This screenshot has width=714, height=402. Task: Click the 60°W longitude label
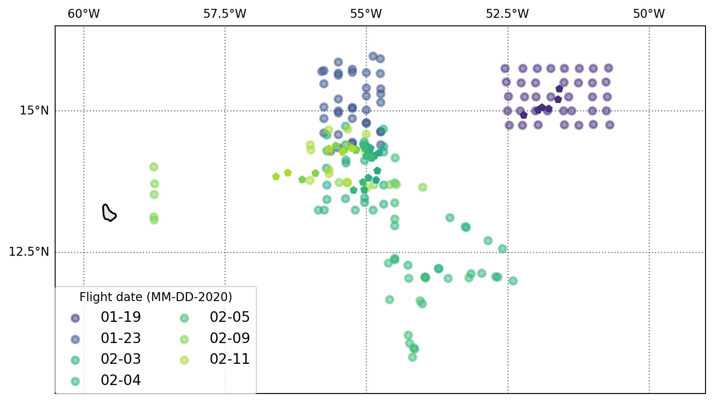84,14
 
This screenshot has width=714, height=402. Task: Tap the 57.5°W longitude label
224,14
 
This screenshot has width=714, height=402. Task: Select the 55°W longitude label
366,14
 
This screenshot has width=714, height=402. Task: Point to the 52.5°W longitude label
507,14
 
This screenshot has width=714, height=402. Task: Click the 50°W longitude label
649,14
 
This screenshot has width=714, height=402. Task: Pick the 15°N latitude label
34,111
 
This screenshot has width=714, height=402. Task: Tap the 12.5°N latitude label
29,252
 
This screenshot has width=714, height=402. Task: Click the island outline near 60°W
109,213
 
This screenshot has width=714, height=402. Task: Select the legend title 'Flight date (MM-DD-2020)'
156,297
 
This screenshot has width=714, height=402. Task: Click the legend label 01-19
120,317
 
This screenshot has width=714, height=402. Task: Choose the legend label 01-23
120,338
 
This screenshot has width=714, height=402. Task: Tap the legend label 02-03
120,359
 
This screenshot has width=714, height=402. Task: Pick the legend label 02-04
120,380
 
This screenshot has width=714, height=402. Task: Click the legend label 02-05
230,317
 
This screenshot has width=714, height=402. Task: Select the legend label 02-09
230,338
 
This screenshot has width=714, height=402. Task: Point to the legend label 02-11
230,359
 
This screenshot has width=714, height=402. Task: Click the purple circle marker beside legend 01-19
75,318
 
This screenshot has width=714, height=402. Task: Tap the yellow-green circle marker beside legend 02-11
184,360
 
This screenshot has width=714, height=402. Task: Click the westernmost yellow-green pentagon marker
276,176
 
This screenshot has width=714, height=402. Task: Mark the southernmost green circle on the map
412,357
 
